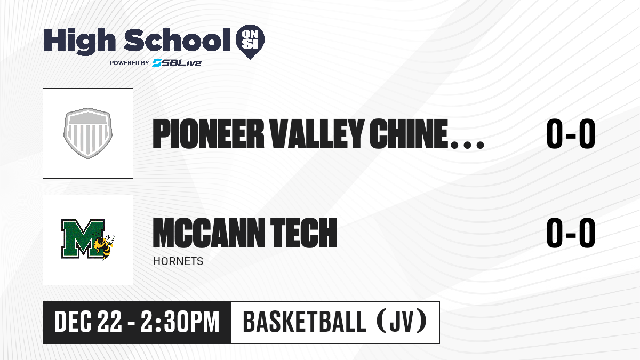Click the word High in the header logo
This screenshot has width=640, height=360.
tap(79, 42)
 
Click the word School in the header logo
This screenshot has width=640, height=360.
tap(177, 40)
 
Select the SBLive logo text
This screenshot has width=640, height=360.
tap(177, 63)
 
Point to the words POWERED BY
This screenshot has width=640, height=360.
tap(130, 63)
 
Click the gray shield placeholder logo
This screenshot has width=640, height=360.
tap(88, 133)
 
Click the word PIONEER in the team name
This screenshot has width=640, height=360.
tap(209, 134)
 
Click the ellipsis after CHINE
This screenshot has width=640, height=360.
tap(467, 145)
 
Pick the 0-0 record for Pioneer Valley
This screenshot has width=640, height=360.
tap(571, 134)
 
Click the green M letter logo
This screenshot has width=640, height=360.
tap(83, 238)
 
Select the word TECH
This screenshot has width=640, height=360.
tap(303, 233)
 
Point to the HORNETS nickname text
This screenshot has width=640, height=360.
tap(178, 261)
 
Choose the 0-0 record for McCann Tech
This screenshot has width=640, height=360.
tap(571, 233)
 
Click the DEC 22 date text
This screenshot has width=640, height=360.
tap(89, 322)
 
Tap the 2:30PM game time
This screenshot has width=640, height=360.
tap(180, 322)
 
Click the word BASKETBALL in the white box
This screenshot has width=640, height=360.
tap(305, 322)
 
